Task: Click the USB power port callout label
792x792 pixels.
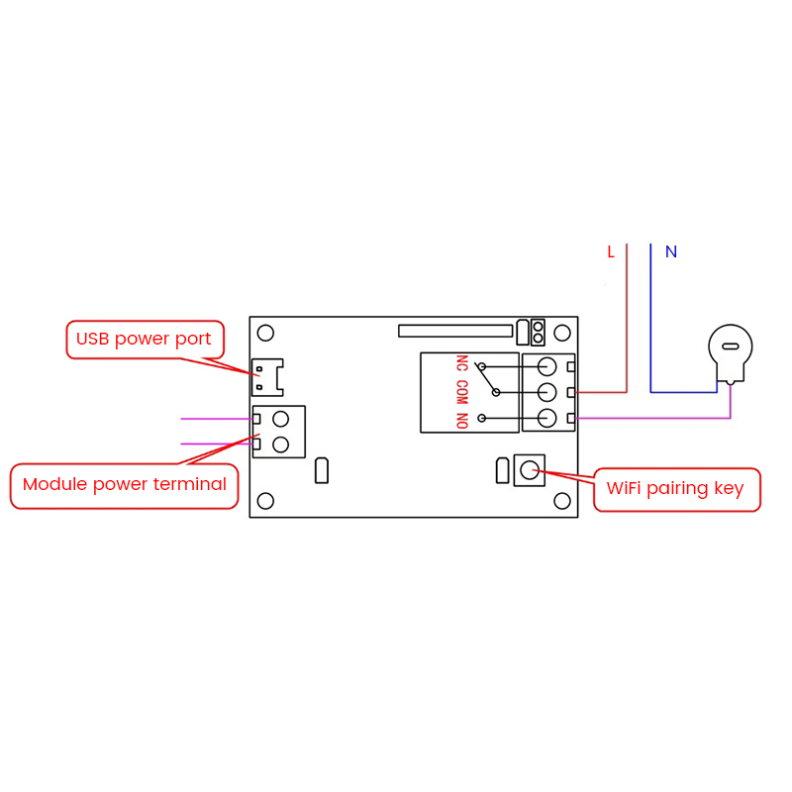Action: (x=144, y=339)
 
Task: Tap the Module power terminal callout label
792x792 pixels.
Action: (x=124, y=485)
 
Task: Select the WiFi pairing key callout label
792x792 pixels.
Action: (x=676, y=489)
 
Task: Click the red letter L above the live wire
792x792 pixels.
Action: (x=611, y=252)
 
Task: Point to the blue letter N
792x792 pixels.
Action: (x=671, y=252)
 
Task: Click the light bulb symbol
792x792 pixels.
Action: (x=731, y=351)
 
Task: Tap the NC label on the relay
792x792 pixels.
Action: (x=461, y=363)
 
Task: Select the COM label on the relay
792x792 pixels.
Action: (x=461, y=391)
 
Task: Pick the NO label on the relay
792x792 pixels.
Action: (x=461, y=419)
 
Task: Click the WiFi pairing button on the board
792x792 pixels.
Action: (x=530, y=469)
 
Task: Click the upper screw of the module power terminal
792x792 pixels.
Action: (x=280, y=419)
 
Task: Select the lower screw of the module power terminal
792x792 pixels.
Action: (x=280, y=445)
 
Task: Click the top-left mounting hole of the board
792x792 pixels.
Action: (x=265, y=333)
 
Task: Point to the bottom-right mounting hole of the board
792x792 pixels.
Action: (x=561, y=501)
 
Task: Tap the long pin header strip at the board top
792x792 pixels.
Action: (x=454, y=331)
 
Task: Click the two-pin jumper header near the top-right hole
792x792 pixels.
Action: (x=538, y=331)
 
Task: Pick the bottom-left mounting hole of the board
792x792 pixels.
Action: (x=265, y=501)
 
